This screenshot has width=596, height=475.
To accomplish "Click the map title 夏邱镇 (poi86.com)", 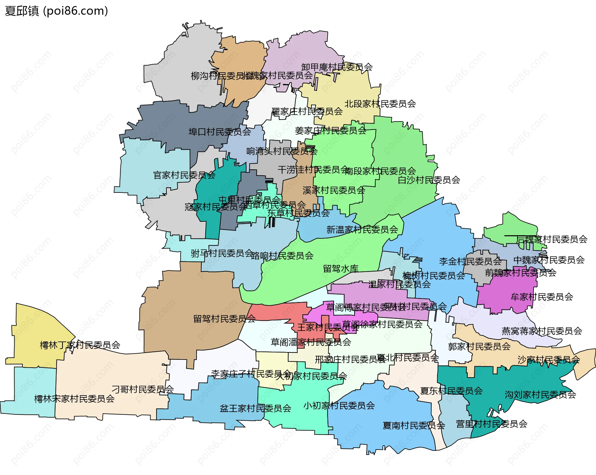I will coord(56,11).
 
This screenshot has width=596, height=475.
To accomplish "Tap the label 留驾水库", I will coord(341,269).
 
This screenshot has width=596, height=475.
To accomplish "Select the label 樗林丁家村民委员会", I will coord(80,345).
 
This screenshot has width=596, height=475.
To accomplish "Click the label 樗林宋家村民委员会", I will coord(74,399).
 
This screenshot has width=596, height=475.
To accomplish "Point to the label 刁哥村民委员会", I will coord(142,389).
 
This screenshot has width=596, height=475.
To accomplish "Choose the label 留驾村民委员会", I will coord(224,319).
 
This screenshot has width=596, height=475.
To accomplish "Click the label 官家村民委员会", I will coord(184,175).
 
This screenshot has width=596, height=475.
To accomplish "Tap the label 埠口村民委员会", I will coord(219,132).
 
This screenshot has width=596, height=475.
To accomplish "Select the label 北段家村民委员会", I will coord(380,104).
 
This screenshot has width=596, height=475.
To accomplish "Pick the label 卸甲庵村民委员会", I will coord(337,67).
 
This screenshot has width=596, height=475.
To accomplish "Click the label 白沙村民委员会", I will coord(429,180).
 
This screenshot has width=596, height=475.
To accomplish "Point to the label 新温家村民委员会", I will coord(362,229).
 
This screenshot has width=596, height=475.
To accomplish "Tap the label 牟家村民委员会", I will coord(542,297).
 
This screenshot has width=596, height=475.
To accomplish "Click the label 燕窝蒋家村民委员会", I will coord(542,331).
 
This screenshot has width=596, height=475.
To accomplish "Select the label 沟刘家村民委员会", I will coord(540,395).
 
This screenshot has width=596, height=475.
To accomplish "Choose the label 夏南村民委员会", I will coord(414,425).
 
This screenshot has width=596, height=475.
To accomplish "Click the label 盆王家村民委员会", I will coord(255,408).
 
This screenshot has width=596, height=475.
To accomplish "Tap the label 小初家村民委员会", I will coord(339,405).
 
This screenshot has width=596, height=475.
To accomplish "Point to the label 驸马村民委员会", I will coord(222,253).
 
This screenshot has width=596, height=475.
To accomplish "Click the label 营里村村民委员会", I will coord(491,424).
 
